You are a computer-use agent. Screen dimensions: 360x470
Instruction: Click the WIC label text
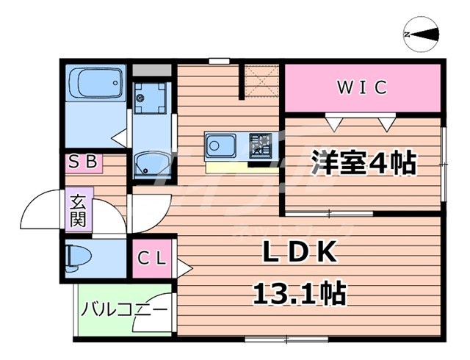coord(361,87)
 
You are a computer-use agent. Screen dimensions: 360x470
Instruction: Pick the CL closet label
coord(153,259)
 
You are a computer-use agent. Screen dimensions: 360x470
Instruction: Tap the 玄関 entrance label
coord(78,209)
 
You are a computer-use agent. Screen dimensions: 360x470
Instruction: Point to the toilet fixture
coord(82,256)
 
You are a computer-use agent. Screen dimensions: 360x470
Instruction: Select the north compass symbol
coord(421,34)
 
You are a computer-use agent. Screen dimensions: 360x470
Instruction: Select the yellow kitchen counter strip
coord(227,167)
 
